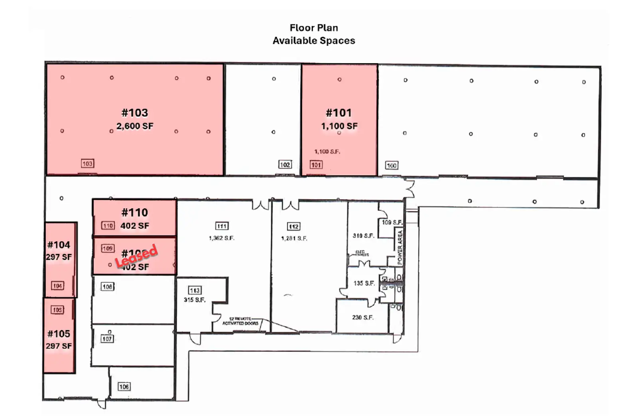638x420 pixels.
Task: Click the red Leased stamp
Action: [136, 256]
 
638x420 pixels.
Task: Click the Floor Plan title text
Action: [314, 28]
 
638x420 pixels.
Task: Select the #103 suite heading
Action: [135, 113]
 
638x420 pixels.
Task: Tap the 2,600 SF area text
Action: [135, 126]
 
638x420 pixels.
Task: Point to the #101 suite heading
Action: [339, 113]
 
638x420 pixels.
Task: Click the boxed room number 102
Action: [285, 165]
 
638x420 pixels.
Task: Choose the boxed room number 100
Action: [392, 165]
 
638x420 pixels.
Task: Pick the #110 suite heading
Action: [135, 212]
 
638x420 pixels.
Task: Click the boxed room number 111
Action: [222, 226]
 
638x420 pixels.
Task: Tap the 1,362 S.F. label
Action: [222, 238]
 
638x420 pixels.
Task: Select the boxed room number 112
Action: [294, 227]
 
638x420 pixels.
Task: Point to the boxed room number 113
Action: [195, 290]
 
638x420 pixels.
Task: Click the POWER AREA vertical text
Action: [400, 248]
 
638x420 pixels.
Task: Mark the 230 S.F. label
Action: [363, 317]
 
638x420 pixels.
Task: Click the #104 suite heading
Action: [59, 245]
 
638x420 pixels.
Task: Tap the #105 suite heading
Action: [59, 334]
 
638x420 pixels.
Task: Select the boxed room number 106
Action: [124, 386]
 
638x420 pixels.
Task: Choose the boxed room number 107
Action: [107, 339]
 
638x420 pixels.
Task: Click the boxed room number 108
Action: [107, 287]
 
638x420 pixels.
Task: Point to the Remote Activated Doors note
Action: [240, 321]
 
